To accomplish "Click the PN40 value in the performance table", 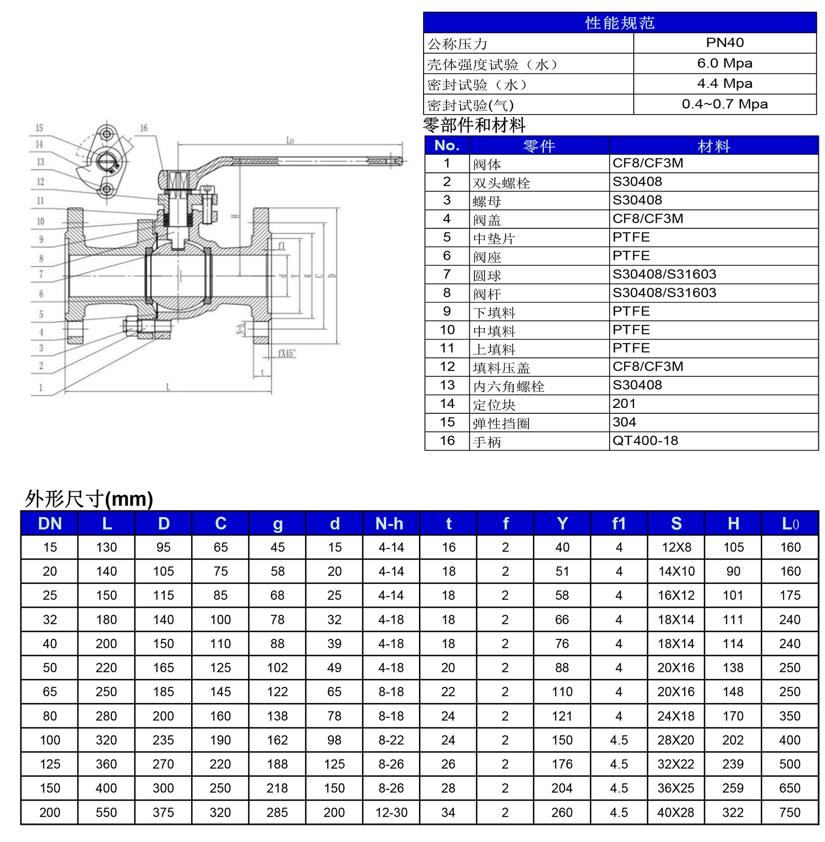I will click(x=725, y=43).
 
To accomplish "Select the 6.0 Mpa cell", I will click(x=725, y=63).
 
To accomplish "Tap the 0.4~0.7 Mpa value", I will click(x=725, y=104).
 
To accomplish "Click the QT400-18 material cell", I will click(x=645, y=441).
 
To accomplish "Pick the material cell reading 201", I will click(x=624, y=404).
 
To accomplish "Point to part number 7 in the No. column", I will click(x=447, y=274).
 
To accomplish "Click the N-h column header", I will click(x=390, y=523).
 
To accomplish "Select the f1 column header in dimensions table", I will click(x=619, y=523).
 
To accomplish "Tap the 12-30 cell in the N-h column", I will click(x=391, y=813).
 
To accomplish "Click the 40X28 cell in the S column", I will click(x=676, y=813).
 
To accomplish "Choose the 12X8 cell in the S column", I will click(x=676, y=547).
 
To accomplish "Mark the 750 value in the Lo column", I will click(x=790, y=813).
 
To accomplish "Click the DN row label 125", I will click(x=50, y=764).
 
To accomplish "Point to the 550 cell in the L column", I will click(x=106, y=813).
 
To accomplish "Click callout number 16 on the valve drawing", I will click(x=143, y=128).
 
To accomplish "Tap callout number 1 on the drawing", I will click(x=41, y=388).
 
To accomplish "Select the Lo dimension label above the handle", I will click(x=290, y=141).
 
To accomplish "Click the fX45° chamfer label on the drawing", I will click(x=287, y=353).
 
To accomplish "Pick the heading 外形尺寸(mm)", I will click(x=88, y=499).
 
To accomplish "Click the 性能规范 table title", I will click(x=620, y=23).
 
